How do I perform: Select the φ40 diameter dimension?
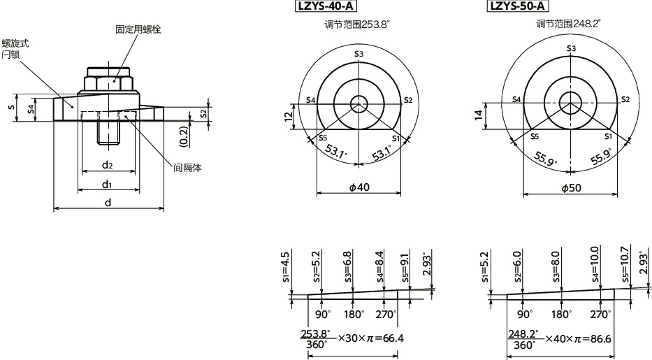[x=358, y=188]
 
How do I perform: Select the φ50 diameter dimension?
[x=572, y=188]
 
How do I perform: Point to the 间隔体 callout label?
[x=187, y=168]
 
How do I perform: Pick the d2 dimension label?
[x=108, y=165]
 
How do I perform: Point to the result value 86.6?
[x=599, y=338]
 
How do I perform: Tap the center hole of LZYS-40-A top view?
[x=358, y=103]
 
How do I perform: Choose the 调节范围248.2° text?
[x=568, y=24]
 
